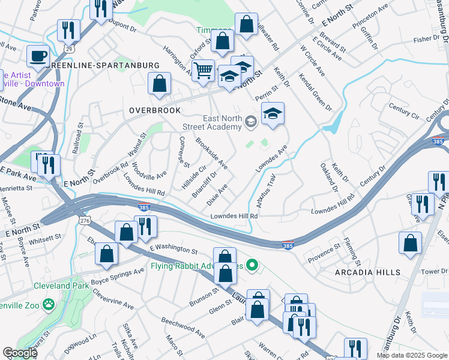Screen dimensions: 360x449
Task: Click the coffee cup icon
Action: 39,56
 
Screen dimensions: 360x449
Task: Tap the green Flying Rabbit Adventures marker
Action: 253,264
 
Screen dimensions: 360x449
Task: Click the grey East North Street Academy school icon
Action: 251,122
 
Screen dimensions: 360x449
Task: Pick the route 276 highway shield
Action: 83,221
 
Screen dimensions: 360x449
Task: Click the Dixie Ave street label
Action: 217,193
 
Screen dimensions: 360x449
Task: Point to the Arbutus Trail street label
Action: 267,187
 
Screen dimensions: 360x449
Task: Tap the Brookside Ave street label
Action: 211,153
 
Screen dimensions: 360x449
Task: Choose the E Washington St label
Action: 173,248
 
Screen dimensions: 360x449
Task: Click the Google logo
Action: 20,353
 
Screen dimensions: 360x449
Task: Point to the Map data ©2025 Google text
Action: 412,355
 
